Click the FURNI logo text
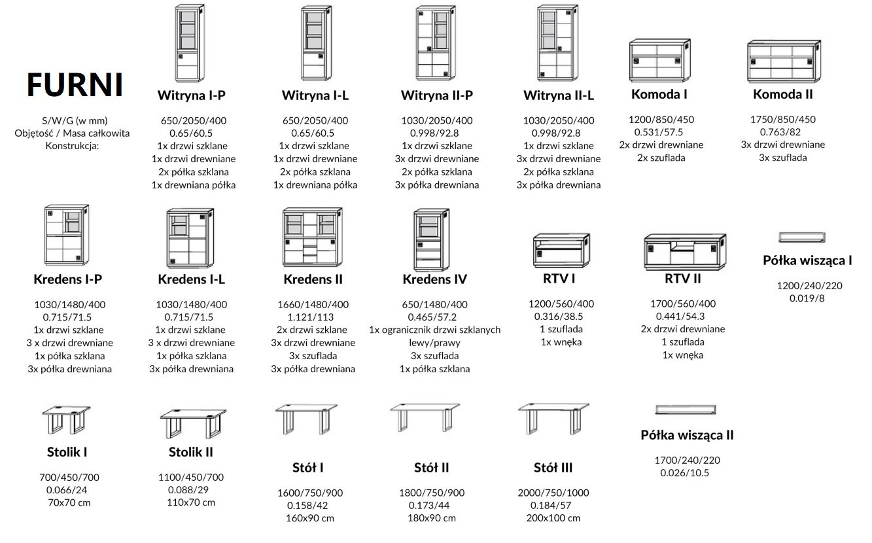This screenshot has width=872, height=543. (x=75, y=84)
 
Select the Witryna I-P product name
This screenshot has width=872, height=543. (x=192, y=96)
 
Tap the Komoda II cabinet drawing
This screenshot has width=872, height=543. (x=784, y=61)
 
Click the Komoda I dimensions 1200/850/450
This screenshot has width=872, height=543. (x=661, y=120)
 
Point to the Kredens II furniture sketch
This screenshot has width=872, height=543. (x=313, y=237)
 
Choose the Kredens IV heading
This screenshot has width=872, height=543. (x=435, y=279)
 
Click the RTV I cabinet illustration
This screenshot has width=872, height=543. (x=561, y=251)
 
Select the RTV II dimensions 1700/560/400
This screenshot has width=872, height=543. (x=683, y=304)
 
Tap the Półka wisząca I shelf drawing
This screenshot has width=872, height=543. (x=802, y=237)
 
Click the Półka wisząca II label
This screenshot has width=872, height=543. (x=687, y=435)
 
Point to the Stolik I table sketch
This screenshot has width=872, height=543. (x=66, y=419)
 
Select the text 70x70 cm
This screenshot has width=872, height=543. (x=69, y=502)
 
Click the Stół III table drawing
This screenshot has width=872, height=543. (x=553, y=419)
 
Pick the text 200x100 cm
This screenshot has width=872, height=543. (x=553, y=518)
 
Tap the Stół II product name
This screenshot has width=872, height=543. (x=431, y=468)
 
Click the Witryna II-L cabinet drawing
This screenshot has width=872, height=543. (x=557, y=43)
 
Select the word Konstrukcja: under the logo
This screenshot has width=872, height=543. (x=72, y=146)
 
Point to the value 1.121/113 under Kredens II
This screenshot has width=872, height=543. (x=311, y=317)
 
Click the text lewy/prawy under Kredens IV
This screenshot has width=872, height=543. (x=435, y=343)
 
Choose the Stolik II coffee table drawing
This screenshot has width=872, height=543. (x=193, y=423)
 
